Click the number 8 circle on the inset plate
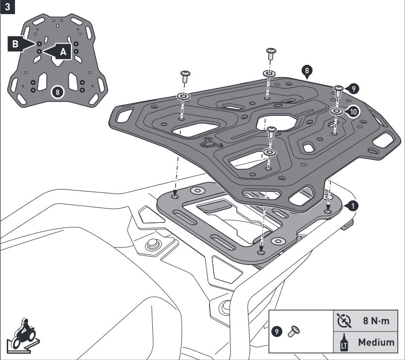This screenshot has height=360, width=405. click(58, 91)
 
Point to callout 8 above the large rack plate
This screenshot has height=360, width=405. click(306, 71)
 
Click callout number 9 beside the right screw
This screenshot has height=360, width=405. click(353, 88)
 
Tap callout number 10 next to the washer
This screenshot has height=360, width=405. click(353, 111)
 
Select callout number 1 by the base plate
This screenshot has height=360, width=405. click(354, 205)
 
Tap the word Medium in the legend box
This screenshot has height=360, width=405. click(376, 342)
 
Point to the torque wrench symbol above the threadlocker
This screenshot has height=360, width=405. click(342, 320)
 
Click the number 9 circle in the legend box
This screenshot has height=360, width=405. click(277, 331)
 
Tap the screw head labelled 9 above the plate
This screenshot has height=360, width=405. click(339, 89)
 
